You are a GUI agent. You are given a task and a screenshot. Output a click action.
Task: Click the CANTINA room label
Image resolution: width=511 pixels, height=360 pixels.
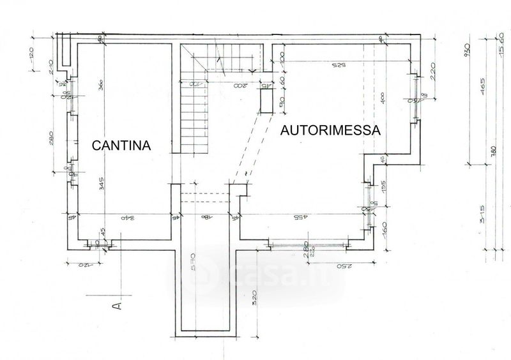coord(121,146)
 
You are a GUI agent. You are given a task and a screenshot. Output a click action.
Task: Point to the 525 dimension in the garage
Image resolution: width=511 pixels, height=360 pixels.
coord(339,66)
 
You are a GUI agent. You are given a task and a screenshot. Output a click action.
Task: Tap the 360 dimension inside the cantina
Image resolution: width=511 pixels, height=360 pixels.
coord(102,89)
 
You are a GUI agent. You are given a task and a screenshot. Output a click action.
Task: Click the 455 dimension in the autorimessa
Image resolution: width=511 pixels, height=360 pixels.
coord(300,218)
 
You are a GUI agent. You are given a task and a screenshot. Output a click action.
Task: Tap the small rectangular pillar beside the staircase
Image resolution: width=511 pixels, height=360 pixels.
coord(266,101)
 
